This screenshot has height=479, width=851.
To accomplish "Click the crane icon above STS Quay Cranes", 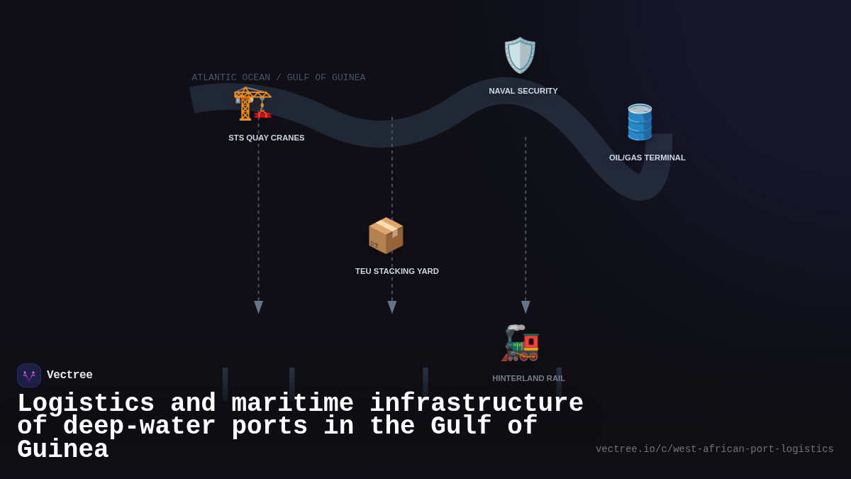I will click(x=252, y=104).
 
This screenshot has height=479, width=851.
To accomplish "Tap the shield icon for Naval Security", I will click(x=520, y=55).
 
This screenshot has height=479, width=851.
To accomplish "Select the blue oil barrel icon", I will click(x=640, y=122).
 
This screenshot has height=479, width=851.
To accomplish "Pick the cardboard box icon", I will click(x=386, y=235).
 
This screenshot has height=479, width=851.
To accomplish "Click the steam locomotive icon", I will click(x=521, y=343).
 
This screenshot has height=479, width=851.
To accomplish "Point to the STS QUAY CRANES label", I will click(x=267, y=138).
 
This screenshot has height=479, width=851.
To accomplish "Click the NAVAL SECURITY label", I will click(x=523, y=91).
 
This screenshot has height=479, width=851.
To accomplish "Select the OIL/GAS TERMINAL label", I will click(x=647, y=158).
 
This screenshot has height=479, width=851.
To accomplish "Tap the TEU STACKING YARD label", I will click(x=397, y=271).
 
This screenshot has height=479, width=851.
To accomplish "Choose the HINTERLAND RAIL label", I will click(x=529, y=378).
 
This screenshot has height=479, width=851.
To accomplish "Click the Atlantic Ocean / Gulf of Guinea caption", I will click(x=279, y=77).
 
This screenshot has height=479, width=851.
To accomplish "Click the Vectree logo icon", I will click(x=29, y=375).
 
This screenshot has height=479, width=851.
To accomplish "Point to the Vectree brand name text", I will click(x=69, y=375).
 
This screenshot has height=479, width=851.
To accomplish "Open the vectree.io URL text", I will click(x=715, y=449).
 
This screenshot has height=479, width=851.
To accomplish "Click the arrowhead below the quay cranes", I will click(x=259, y=307).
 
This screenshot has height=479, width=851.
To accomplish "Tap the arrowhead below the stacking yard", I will click(x=392, y=307).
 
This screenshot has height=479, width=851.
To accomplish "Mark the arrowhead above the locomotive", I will click(x=525, y=307).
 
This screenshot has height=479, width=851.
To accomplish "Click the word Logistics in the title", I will click(x=86, y=403).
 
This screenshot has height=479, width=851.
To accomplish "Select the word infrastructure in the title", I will click(x=477, y=403).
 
